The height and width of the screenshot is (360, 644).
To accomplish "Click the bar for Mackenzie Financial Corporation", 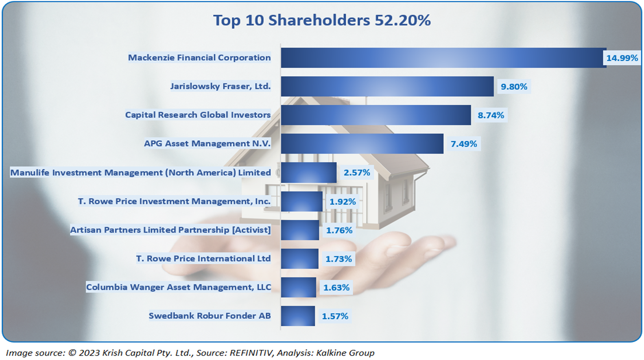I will click(x=443, y=58).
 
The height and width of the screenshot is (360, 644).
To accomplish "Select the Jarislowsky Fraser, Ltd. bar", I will click(x=387, y=87).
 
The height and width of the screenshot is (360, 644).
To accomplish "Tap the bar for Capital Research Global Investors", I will click(x=375, y=115).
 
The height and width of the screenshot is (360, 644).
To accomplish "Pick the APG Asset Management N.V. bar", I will click(x=362, y=144).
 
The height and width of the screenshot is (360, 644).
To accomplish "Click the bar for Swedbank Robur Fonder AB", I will click(x=298, y=316).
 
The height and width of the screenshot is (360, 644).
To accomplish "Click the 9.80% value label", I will click(x=514, y=87).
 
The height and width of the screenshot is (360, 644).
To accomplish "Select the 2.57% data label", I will click(x=356, y=173).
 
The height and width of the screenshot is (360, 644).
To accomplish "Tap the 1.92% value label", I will click(x=342, y=202).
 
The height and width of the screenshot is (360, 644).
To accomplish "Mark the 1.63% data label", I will click(x=336, y=288).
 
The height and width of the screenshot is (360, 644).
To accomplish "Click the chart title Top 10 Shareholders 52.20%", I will click(x=322, y=20).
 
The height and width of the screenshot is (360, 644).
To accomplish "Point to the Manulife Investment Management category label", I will click(x=140, y=173).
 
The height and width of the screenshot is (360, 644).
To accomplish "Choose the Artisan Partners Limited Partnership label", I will click(x=170, y=230).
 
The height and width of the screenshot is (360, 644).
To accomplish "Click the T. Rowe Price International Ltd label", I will click(x=203, y=258).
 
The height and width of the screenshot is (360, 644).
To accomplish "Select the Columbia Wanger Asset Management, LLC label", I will click(x=178, y=287).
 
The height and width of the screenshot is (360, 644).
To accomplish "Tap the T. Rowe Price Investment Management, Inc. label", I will click(x=174, y=201).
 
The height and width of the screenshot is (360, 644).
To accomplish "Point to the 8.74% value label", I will click(x=490, y=115).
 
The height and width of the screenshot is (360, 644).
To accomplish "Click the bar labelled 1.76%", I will click(x=300, y=230).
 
